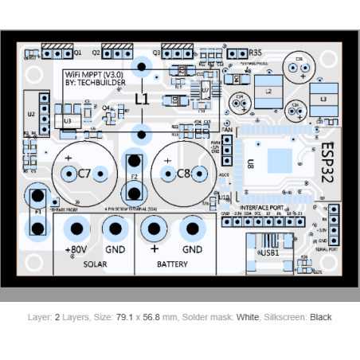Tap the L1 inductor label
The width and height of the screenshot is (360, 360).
click(142, 99)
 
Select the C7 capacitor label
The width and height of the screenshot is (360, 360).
click(86, 173)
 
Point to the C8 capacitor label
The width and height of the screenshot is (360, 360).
click(184, 173)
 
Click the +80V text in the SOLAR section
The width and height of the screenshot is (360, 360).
click(76, 249)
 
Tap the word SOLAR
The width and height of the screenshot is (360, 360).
click(95, 264)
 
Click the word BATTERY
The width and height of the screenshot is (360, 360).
click(172, 264)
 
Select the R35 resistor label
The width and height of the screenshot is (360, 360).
click(255, 53)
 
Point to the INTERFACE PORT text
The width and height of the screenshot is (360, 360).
click(261, 207)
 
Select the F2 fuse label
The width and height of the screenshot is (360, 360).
click(135, 176)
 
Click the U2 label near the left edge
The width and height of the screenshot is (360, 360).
click(30, 114)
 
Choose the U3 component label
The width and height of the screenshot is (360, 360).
click(67, 120)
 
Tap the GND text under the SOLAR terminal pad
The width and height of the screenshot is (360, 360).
click(115, 249)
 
